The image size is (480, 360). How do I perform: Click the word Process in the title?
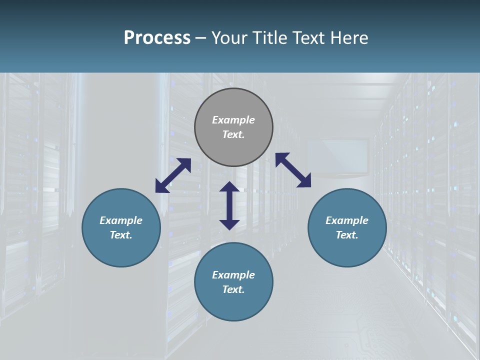coord(157,38)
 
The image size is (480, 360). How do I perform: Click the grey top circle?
coord(233,105)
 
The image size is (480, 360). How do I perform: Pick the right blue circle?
coord(347,247)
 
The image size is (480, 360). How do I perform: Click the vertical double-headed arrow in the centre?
coord(229,205)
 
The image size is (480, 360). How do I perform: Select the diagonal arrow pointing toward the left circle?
coord(173,175)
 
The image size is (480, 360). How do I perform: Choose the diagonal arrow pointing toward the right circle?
coord(293,170)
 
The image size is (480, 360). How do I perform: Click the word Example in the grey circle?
coord(233,120)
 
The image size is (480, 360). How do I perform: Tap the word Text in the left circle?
coord(121,235)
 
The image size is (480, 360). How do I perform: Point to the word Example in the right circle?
coord(347,220)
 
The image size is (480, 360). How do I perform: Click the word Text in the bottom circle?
coord(233,289)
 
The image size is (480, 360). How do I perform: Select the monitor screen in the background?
coord(337,156)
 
